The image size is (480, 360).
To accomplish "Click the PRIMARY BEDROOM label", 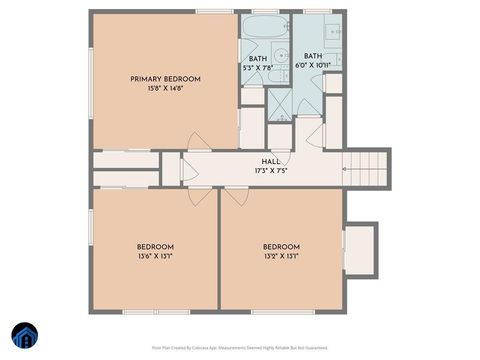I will click(x=166, y=79).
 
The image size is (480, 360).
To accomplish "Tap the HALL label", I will click(x=271, y=161).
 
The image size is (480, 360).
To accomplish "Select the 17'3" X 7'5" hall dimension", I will click(x=271, y=171).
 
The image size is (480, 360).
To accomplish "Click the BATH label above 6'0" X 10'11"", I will click(x=313, y=56).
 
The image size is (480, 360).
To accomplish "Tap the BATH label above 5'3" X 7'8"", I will click(x=258, y=59).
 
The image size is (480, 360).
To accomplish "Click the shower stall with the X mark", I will click(x=279, y=103).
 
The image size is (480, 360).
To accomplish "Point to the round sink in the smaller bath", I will click(x=283, y=56).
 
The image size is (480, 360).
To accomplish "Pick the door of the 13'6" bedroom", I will click(x=200, y=196).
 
